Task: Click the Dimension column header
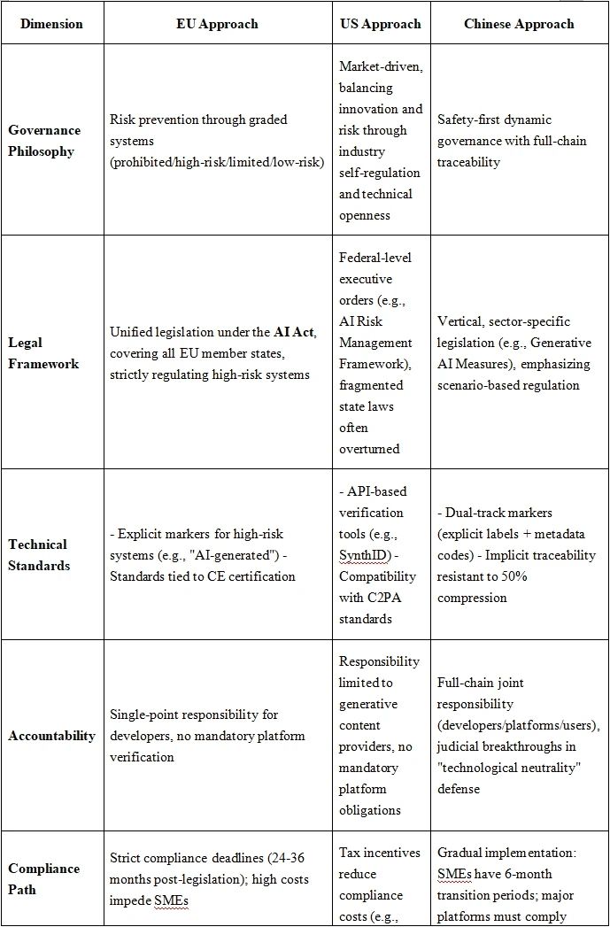click(x=51, y=24)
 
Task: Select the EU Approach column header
click(x=217, y=24)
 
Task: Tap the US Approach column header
click(x=381, y=24)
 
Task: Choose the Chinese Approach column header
click(x=518, y=24)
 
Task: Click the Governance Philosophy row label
click(x=43, y=141)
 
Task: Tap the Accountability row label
click(x=51, y=736)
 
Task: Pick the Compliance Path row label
click(x=43, y=879)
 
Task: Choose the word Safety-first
click(x=471, y=120)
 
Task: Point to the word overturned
click(x=369, y=449)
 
